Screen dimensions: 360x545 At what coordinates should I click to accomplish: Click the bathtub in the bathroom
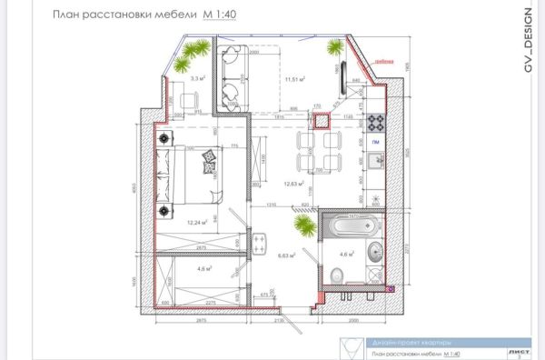349,226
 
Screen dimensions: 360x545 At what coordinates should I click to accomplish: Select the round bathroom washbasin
373,249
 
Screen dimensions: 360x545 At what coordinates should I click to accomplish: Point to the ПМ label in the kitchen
374,143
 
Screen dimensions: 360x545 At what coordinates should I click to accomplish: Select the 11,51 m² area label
294,80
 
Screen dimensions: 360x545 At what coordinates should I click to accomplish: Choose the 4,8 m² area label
203,269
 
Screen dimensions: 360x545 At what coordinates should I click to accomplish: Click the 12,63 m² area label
293,183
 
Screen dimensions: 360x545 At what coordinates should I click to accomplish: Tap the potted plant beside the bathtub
303,224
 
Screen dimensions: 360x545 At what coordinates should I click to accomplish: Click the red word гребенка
385,61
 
